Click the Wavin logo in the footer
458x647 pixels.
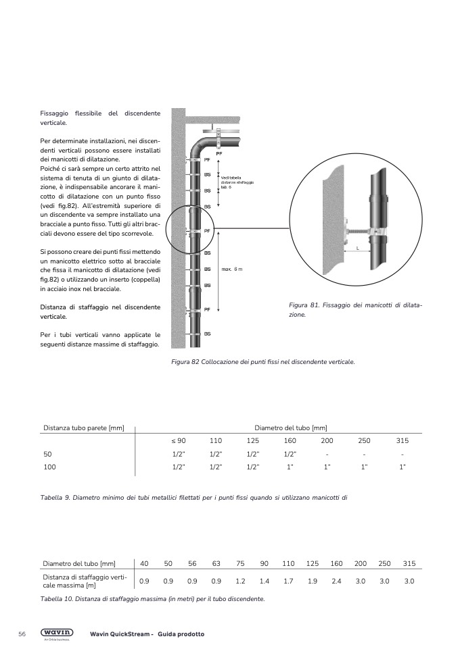[58, 633]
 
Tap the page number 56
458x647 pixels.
[22, 634]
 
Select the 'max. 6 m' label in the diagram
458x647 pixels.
[231, 269]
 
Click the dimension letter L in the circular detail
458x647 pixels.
[358, 249]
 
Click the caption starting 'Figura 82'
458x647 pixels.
[263, 361]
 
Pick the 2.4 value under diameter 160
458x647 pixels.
[336, 581]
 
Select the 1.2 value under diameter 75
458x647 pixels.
[240, 581]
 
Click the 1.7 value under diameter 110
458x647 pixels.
[288, 581]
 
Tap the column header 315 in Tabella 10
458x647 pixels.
[409, 563]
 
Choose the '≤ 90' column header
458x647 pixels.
[179, 440]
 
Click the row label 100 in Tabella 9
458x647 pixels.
[49, 467]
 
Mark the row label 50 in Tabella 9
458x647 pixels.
[47, 454]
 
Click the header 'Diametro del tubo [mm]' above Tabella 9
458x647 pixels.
[290, 428]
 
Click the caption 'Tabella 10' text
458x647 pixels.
[152, 599]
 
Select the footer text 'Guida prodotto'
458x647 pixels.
[181, 634]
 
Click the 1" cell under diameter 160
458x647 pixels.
[290, 467]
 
